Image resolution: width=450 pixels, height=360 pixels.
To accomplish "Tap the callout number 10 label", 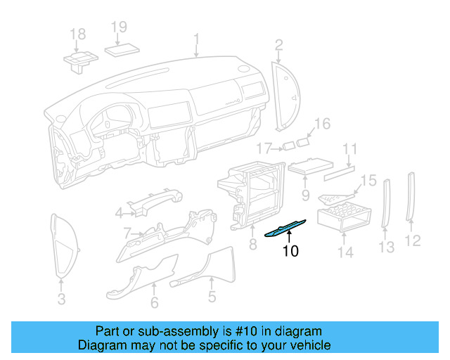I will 290,251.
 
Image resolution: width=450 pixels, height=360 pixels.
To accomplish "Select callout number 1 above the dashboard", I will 197,39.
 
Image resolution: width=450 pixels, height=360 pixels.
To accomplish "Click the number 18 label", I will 77,34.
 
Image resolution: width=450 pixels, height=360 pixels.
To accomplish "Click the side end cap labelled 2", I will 285,95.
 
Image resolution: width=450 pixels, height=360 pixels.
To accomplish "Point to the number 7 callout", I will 127,232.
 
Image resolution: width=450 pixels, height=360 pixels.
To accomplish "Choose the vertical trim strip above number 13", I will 385,203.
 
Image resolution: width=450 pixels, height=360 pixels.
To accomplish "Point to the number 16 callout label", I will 321,124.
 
